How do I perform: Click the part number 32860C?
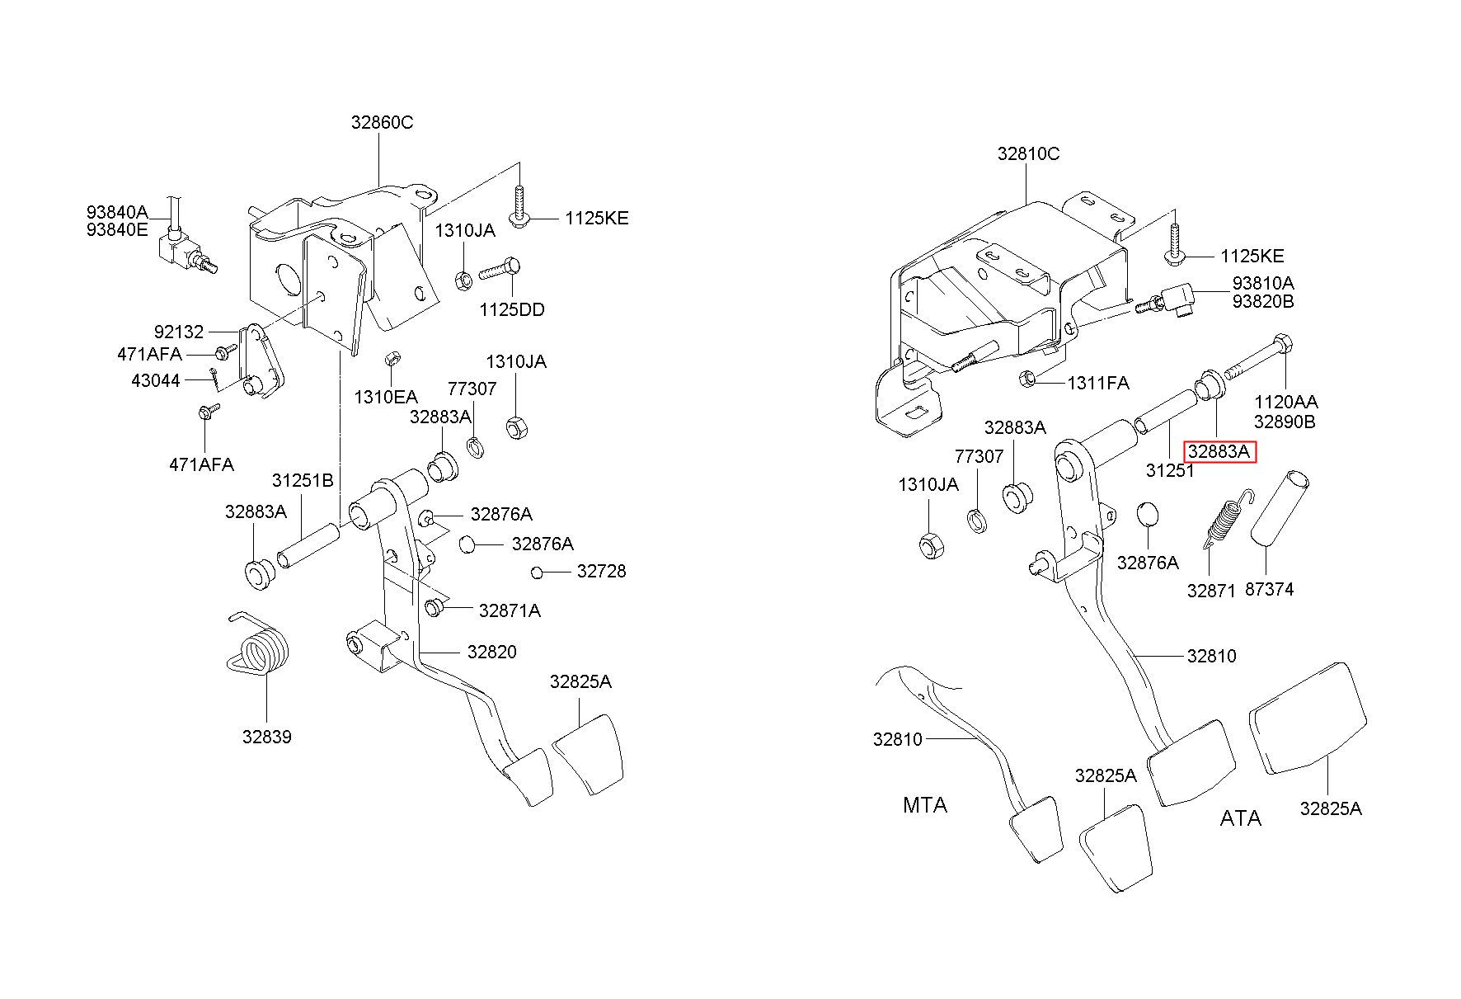tap(382, 122)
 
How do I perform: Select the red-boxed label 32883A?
tap(1219, 452)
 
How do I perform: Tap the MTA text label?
tap(925, 804)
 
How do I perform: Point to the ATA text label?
tap(1240, 818)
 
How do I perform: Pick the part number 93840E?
tap(117, 230)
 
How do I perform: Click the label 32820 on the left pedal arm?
tap(491, 652)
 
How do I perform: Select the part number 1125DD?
tap(512, 309)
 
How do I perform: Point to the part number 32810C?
tap(1028, 153)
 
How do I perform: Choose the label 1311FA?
tap(1098, 383)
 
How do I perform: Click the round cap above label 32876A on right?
tap(1148, 514)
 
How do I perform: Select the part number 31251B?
tap(303, 480)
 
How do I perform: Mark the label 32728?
tap(601, 571)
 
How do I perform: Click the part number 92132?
tap(179, 332)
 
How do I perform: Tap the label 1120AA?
tap(1285, 403)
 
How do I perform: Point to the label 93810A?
tap(1263, 283)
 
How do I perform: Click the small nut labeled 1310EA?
tap(392, 360)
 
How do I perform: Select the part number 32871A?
tap(510, 610)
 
